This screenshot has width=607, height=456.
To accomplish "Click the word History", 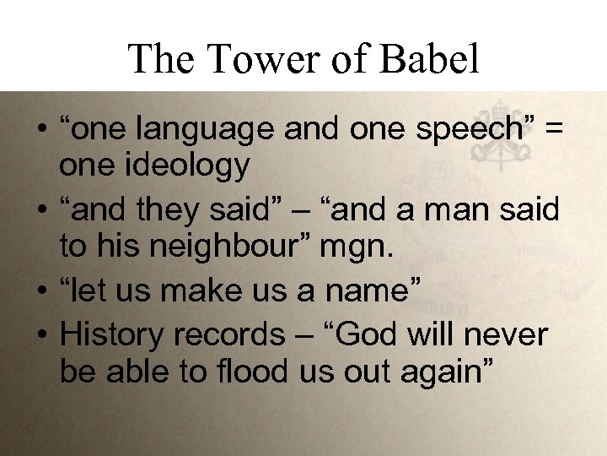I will tap(113, 334).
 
